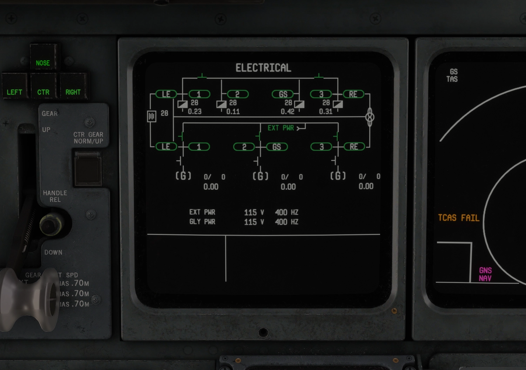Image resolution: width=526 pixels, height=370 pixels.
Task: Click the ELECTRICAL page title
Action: coord(263,68)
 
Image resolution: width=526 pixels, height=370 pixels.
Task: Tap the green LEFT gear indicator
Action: coord(14,92)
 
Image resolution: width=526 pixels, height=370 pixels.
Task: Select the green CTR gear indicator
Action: coord(43,92)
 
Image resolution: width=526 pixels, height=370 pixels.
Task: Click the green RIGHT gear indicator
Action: coord(73,92)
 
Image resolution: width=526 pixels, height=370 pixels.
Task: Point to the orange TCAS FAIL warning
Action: coord(458,218)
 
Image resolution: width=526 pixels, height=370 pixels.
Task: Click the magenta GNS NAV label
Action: coord(485,274)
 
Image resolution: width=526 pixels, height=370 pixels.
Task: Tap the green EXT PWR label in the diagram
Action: coord(281,128)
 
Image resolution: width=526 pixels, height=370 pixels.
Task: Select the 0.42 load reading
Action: coord(287,112)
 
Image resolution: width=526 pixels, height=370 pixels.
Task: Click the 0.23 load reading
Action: coord(195,112)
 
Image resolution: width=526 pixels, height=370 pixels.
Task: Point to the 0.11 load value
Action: coord(233,112)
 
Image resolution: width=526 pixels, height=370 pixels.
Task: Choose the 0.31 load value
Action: coord(325,112)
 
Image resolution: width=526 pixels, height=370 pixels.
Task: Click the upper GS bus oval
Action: coord(283,94)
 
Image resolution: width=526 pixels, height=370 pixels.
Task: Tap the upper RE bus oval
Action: coord(353,94)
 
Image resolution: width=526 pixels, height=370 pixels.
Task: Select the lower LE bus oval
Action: coord(166,147)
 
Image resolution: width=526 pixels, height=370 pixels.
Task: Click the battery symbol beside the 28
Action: coord(151,116)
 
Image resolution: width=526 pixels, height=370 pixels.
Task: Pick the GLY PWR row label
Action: coord(202,222)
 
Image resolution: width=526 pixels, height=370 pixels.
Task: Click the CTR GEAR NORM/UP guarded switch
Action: coord(88,168)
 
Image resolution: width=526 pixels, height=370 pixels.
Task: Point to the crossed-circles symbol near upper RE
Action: coord(370,117)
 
